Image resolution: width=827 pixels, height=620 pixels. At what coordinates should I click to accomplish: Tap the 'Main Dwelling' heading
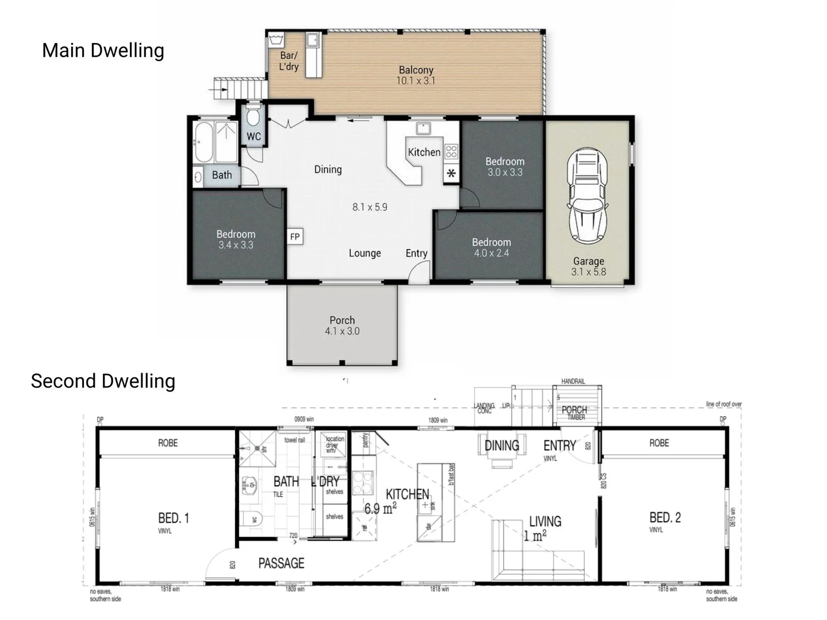point(103,51)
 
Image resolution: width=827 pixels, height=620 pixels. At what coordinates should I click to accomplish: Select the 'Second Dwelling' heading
point(103,381)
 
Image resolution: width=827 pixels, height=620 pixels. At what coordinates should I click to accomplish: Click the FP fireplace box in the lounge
point(295,237)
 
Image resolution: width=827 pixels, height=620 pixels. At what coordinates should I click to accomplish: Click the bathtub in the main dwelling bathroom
point(203,142)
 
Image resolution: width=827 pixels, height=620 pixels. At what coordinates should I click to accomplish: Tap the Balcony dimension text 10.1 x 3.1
point(416,81)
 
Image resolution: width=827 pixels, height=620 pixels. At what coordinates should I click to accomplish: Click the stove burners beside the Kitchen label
point(451,152)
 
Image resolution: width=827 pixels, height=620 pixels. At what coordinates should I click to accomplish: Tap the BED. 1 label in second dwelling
point(173,518)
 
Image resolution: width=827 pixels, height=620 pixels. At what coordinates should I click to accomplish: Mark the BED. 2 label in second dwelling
point(665,517)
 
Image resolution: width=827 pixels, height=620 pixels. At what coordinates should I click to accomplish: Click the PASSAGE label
point(281,563)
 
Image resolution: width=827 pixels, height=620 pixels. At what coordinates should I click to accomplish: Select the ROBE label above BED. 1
point(168,443)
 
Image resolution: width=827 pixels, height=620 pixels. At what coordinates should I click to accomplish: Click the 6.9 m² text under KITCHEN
point(381,508)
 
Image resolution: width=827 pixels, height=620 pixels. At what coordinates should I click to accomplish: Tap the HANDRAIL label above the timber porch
point(573,382)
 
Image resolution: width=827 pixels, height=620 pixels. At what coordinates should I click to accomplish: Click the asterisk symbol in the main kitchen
point(451,173)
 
